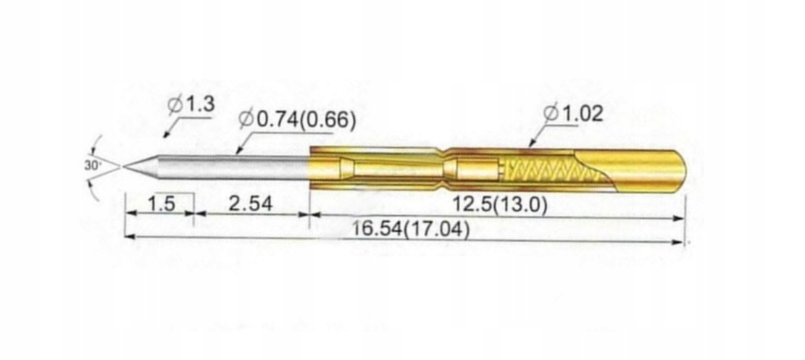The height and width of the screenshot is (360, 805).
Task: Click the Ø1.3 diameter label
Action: (191, 105)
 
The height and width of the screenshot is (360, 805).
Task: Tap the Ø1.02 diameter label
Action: (572, 114)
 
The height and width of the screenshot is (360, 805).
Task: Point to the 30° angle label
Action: (92, 165)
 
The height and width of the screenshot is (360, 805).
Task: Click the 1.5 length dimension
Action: (161, 204)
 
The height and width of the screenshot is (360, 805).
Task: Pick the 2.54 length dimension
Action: (250, 204)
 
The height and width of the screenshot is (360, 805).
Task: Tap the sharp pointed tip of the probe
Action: (125, 167)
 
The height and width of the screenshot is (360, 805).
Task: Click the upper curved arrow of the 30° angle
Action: (97, 142)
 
